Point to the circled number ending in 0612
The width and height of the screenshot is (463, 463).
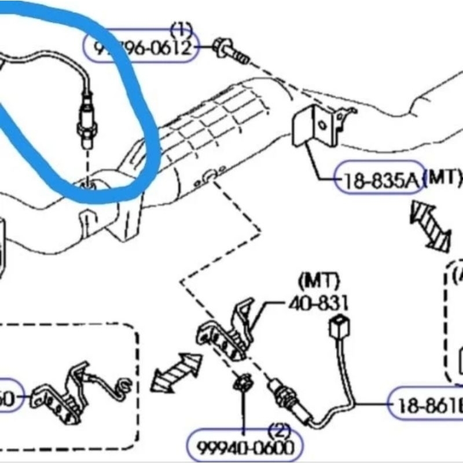coord(142,47)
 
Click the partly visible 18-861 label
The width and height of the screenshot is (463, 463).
coord(427,407)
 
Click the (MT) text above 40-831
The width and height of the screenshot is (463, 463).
coord(318,282)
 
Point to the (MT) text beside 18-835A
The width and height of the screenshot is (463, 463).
coord(443,178)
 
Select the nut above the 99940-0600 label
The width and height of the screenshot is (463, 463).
coord(243,383)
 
